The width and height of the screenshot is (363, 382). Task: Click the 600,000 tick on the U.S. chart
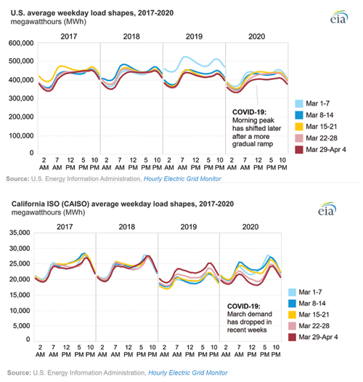click(x=21, y=43)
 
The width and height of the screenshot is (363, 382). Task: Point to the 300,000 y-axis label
click(x=21, y=98)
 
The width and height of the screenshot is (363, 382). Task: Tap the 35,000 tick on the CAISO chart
click(x=20, y=233)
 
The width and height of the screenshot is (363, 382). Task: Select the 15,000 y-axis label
click(x=20, y=295)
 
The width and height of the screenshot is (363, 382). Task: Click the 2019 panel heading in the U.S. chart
click(x=194, y=36)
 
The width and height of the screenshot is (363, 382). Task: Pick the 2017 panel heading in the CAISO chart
click(x=65, y=227)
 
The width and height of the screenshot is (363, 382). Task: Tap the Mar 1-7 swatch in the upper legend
click(x=299, y=103)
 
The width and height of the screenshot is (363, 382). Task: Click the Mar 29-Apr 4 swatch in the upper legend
click(x=299, y=150)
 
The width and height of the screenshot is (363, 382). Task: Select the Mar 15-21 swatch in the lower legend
click(x=292, y=314)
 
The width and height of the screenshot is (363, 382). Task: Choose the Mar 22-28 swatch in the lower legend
click(x=292, y=326)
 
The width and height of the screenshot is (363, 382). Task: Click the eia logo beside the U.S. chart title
click(x=339, y=17)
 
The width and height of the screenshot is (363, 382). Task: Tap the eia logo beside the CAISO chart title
click(x=327, y=209)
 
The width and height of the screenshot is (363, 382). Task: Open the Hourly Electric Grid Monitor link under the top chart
click(x=182, y=179)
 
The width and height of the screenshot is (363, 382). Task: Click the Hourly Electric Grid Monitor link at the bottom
click(x=188, y=373)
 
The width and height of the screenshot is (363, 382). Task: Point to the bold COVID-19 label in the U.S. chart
click(x=250, y=112)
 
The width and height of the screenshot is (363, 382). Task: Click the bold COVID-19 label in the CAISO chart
click(x=244, y=306)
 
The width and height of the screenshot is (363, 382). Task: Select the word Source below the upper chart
click(x=17, y=179)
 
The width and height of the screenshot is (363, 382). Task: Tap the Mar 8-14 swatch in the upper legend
click(x=299, y=115)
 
